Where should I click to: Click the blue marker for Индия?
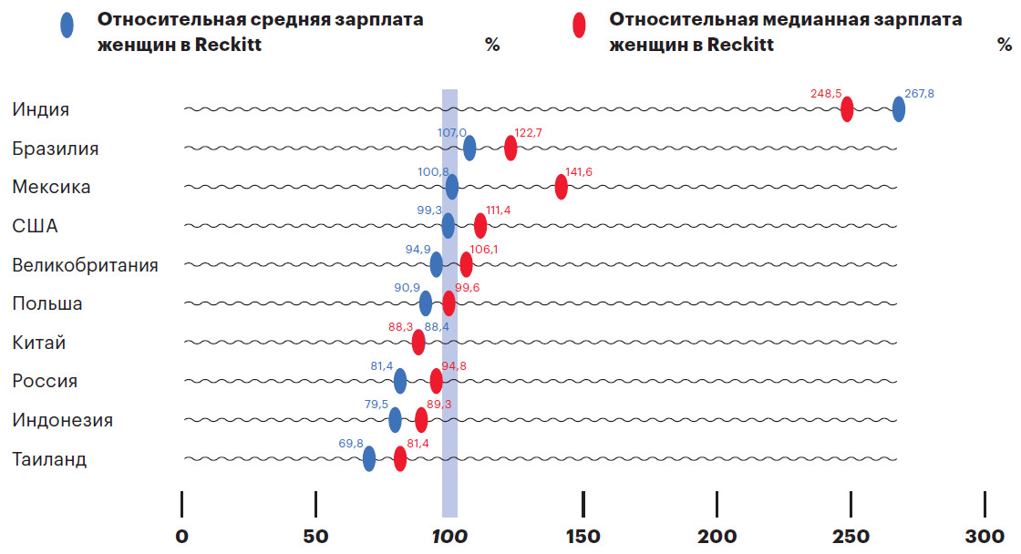coord(899,109)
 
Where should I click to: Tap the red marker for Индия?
coord(847,109)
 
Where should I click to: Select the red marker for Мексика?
coord(561,187)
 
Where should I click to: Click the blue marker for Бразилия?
coord(469,148)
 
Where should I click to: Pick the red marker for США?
coord(480,225)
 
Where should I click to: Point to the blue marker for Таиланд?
coord(369,458)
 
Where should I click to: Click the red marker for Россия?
coord(437,381)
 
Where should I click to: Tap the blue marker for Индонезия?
coord(395,420)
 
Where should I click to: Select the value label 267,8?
coord(919,93)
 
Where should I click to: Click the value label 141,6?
coord(580,171)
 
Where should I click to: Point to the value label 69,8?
coord(351,443)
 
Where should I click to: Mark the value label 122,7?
coord(529,132)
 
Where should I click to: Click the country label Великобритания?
coord(85,265)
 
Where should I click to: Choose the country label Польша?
coord(47,303)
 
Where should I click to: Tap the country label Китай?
coord(39,343)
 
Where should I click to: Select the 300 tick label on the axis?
coord(985,535)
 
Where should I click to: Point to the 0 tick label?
coord(182,535)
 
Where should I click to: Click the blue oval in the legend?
coord(67,25)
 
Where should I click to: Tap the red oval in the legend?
coord(579,25)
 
